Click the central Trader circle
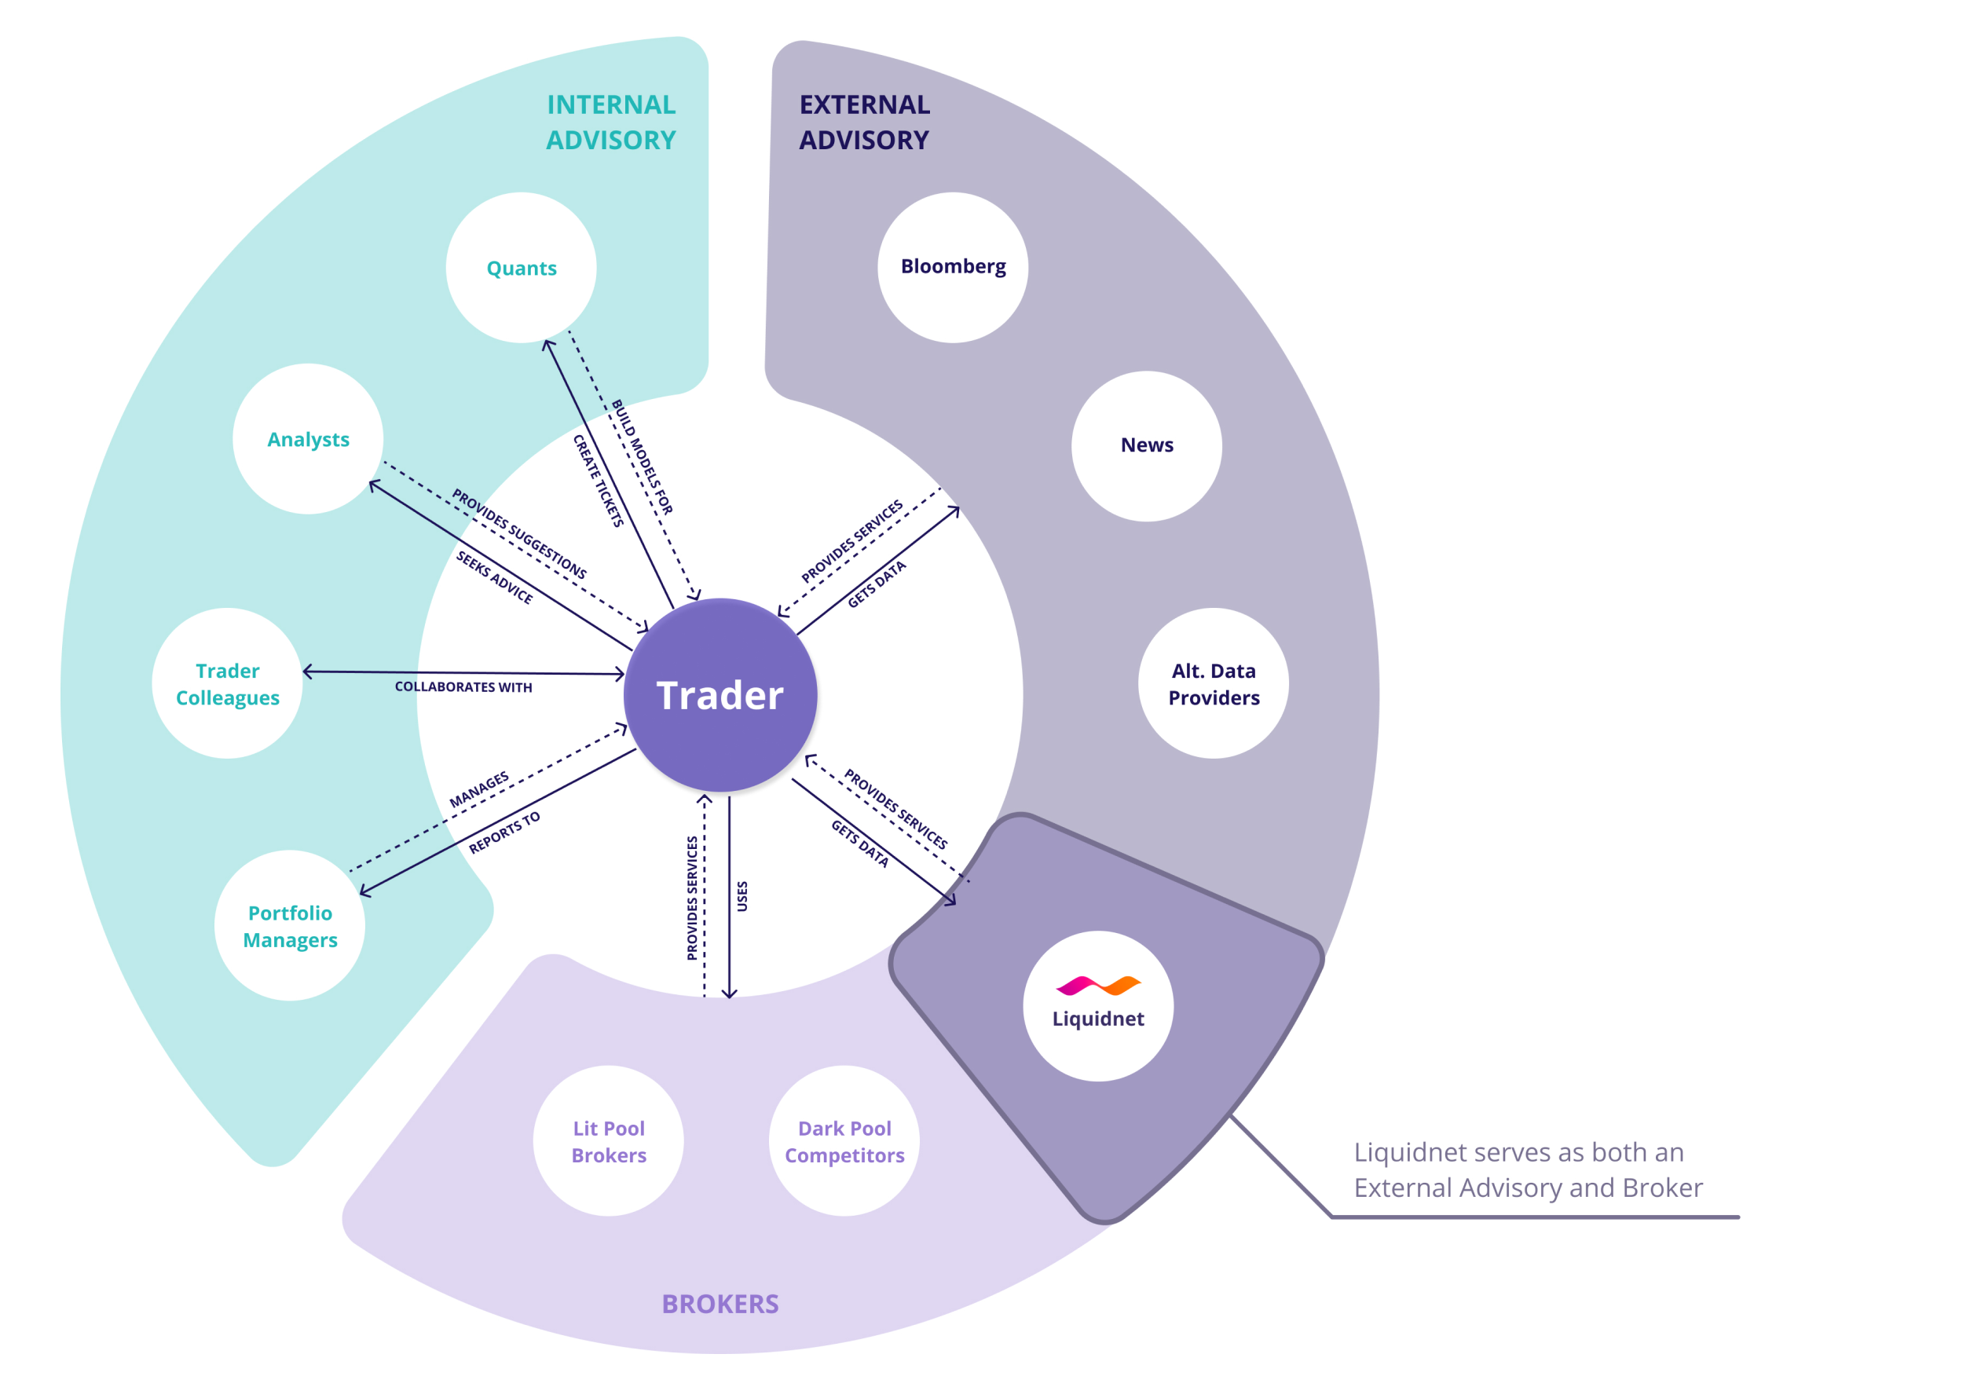(720, 695)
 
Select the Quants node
(521, 268)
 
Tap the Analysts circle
(308, 439)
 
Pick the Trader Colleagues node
(227, 684)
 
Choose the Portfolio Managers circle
(290, 926)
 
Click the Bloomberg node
(952, 267)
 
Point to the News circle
(1146, 445)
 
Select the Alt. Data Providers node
(1214, 684)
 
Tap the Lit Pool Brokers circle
(608, 1141)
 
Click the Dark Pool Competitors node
(844, 1141)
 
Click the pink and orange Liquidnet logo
(1098, 986)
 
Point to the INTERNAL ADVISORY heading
(611, 122)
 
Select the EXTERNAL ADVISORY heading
(864, 122)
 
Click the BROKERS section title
(720, 1304)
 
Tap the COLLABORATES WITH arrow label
(463, 687)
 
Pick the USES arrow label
(742, 896)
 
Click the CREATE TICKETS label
(598, 481)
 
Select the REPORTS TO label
(504, 833)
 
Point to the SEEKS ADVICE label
(494, 577)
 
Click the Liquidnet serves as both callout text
(1527, 1169)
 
